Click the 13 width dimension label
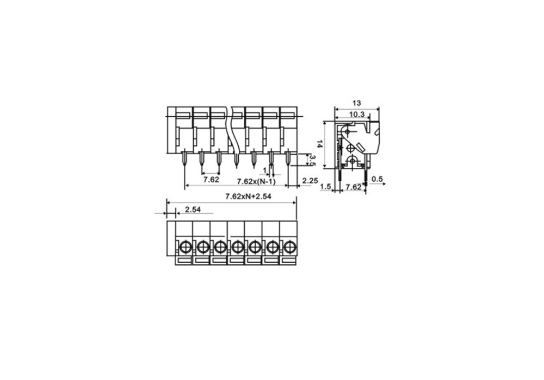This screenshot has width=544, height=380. pos(357,103)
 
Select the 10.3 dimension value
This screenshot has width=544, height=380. pos(357,115)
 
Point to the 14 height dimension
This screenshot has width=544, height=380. pos(320,144)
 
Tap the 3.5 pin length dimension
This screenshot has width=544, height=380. pos(312,160)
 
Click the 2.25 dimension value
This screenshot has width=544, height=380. pos(310,181)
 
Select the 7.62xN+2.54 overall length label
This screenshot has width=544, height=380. pos(249,197)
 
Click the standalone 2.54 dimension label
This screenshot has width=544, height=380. pos(193,210)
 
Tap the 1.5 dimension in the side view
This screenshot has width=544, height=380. pos(325,187)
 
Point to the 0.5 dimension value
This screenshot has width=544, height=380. pos(377,179)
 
